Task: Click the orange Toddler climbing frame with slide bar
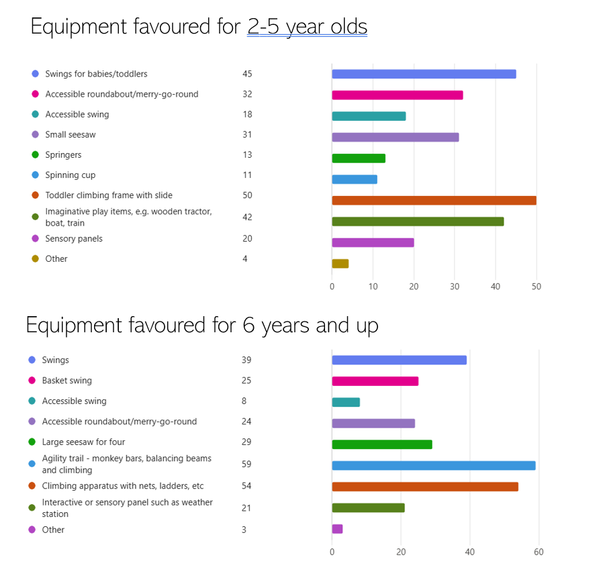[x=434, y=200]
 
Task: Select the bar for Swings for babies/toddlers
[x=424, y=74]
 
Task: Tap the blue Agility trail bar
[x=433, y=465]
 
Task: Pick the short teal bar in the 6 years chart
[x=346, y=402]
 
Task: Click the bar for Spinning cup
[x=355, y=179]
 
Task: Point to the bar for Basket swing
[x=375, y=381]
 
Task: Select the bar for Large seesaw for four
[x=381, y=444]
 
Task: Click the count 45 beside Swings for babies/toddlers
[x=247, y=74]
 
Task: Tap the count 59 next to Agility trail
[x=246, y=464]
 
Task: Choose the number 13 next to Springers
[x=247, y=154]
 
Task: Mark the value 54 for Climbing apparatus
[x=246, y=485]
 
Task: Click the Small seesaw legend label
[x=71, y=134]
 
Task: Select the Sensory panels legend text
[x=74, y=238]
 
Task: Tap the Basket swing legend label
[x=67, y=381]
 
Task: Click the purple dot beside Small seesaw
[x=35, y=134]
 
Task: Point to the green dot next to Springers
[x=35, y=154]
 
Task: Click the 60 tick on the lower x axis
[x=539, y=552]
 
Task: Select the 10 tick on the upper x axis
[x=373, y=287]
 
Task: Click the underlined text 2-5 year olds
[x=307, y=27]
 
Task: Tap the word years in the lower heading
[x=277, y=326]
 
